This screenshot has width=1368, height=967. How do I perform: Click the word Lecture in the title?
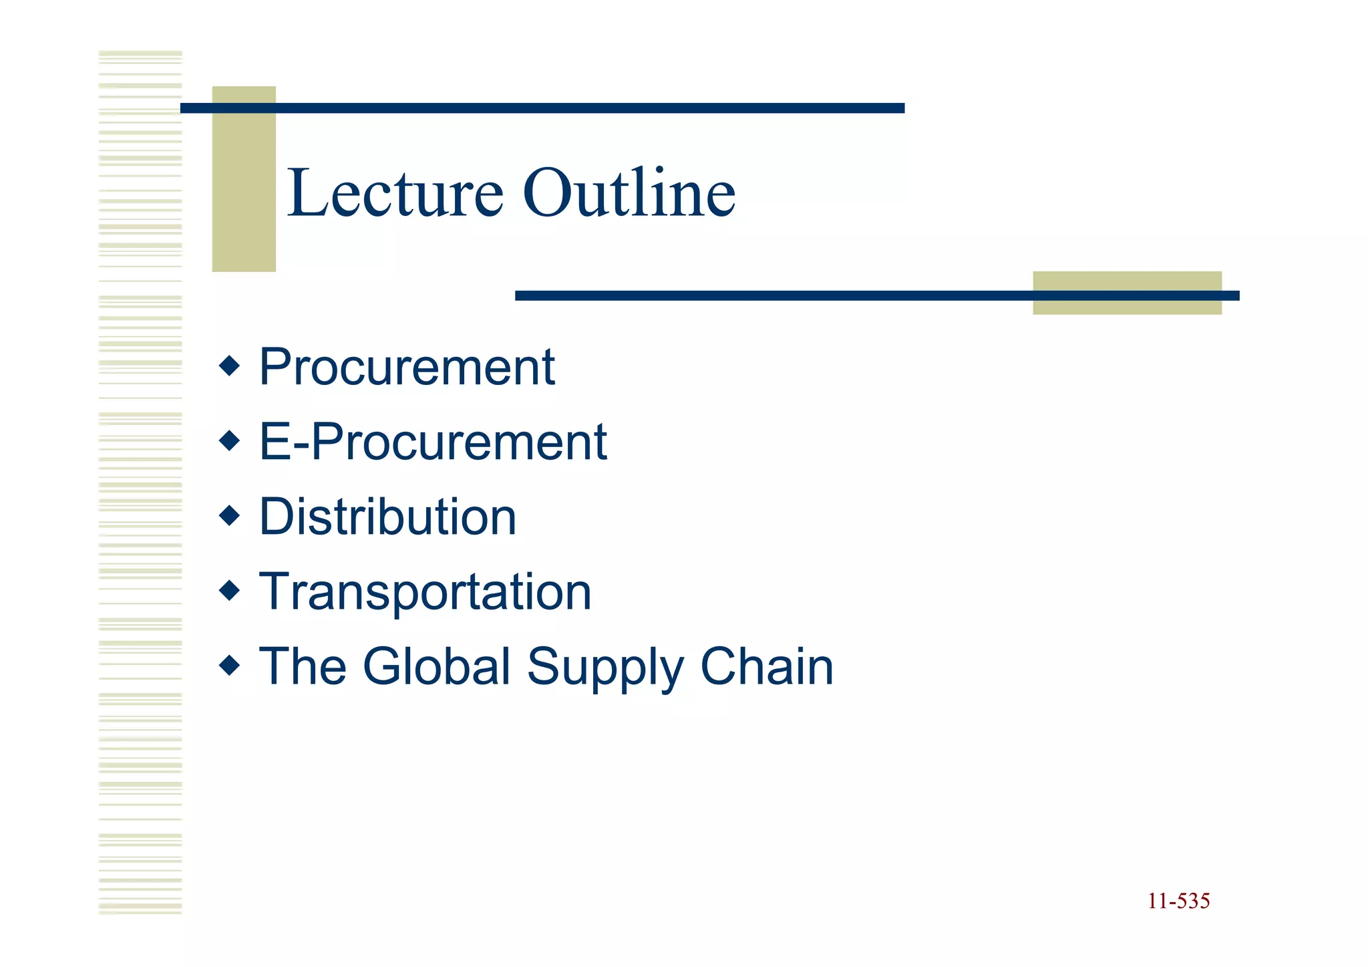(x=395, y=193)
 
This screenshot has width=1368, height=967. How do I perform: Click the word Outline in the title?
(x=629, y=193)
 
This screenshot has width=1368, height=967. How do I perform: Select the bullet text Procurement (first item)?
(x=407, y=367)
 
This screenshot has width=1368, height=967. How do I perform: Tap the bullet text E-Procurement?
(x=433, y=442)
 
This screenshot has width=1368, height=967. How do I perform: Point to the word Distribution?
(x=387, y=517)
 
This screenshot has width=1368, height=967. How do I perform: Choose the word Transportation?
(x=425, y=592)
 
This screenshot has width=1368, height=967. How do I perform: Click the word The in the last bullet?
(x=303, y=666)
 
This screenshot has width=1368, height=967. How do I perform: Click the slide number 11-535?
(x=1178, y=901)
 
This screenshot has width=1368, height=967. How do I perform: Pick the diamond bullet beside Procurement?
(x=229, y=366)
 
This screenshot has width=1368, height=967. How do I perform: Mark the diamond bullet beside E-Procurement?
(x=229, y=441)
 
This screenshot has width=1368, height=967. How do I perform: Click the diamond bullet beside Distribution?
(x=229, y=516)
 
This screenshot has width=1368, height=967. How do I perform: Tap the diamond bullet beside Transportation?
(x=229, y=591)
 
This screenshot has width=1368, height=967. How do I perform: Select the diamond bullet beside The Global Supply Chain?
(x=229, y=666)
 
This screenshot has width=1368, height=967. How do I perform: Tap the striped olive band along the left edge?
(x=140, y=481)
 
